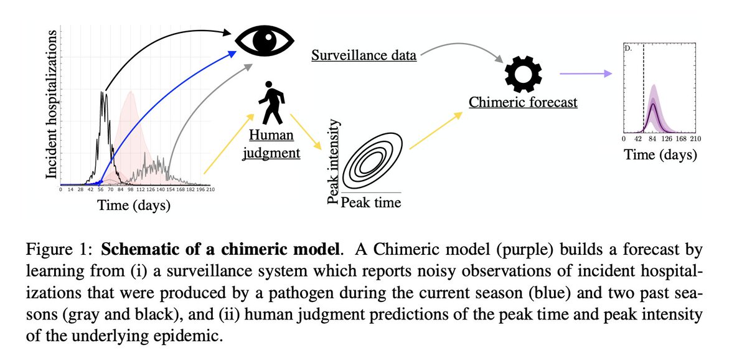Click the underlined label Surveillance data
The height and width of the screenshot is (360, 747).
[x=364, y=56]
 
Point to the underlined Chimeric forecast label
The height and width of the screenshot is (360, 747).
[x=523, y=102]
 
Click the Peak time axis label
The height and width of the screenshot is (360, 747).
[x=370, y=202]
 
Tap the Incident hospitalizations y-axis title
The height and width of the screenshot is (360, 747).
[x=52, y=106]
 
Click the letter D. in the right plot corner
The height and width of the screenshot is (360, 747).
[x=628, y=47]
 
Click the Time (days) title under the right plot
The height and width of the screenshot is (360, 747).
[x=660, y=154]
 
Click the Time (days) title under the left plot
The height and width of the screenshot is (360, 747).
[x=134, y=205]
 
